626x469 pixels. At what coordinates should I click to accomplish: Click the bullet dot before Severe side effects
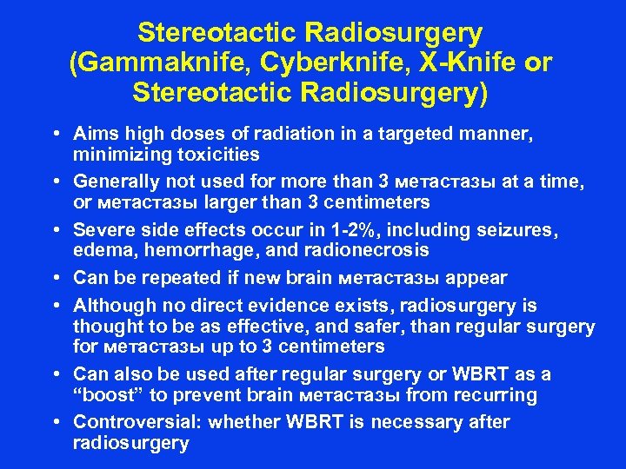coord(55,231)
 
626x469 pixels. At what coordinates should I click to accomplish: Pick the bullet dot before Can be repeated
coord(55,278)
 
